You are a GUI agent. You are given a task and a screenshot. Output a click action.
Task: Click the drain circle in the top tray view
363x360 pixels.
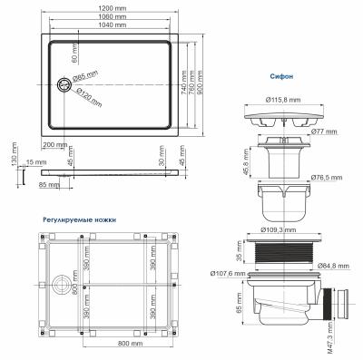click(x=64, y=84)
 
